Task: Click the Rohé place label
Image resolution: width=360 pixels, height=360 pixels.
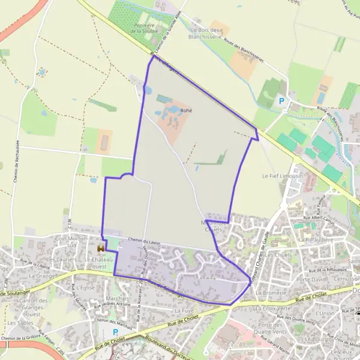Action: click(x=185, y=111)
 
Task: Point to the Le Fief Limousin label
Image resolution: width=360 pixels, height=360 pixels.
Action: click(x=279, y=176)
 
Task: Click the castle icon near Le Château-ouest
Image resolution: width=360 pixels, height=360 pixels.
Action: click(x=101, y=247)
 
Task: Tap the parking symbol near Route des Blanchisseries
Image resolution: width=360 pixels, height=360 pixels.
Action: click(x=280, y=101)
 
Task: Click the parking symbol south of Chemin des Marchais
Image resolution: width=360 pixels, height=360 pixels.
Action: click(x=116, y=332)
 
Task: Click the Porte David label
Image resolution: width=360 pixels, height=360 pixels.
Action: click(x=311, y=280)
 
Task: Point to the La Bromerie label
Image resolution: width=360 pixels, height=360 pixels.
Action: click(x=269, y=292)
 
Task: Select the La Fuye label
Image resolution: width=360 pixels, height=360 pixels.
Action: click(x=184, y=311)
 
